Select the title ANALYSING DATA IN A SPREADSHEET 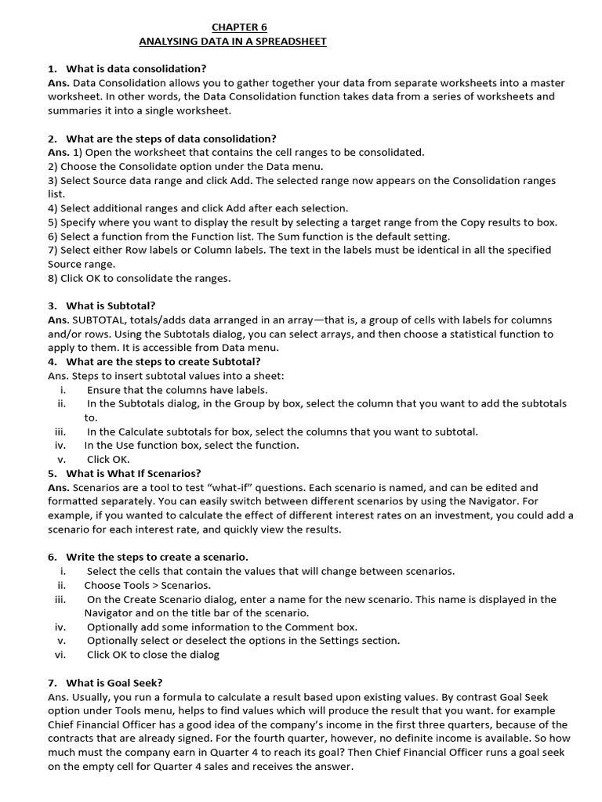pos(232,41)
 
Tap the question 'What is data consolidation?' pos(136,69)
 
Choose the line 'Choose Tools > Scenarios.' pos(147,585)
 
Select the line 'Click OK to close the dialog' pos(153,655)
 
